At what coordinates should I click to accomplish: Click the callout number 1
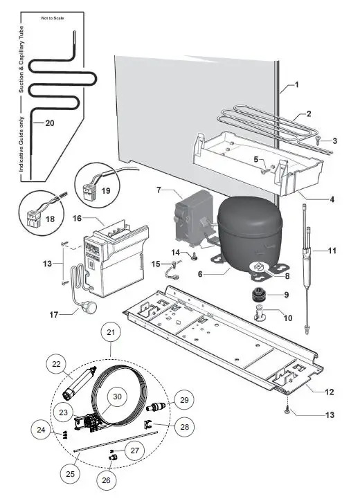[x=296, y=85]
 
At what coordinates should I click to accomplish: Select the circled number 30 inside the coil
[x=118, y=396]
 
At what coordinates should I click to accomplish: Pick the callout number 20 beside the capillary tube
[x=30, y=122]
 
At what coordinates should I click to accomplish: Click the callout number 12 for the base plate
[x=330, y=392]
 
